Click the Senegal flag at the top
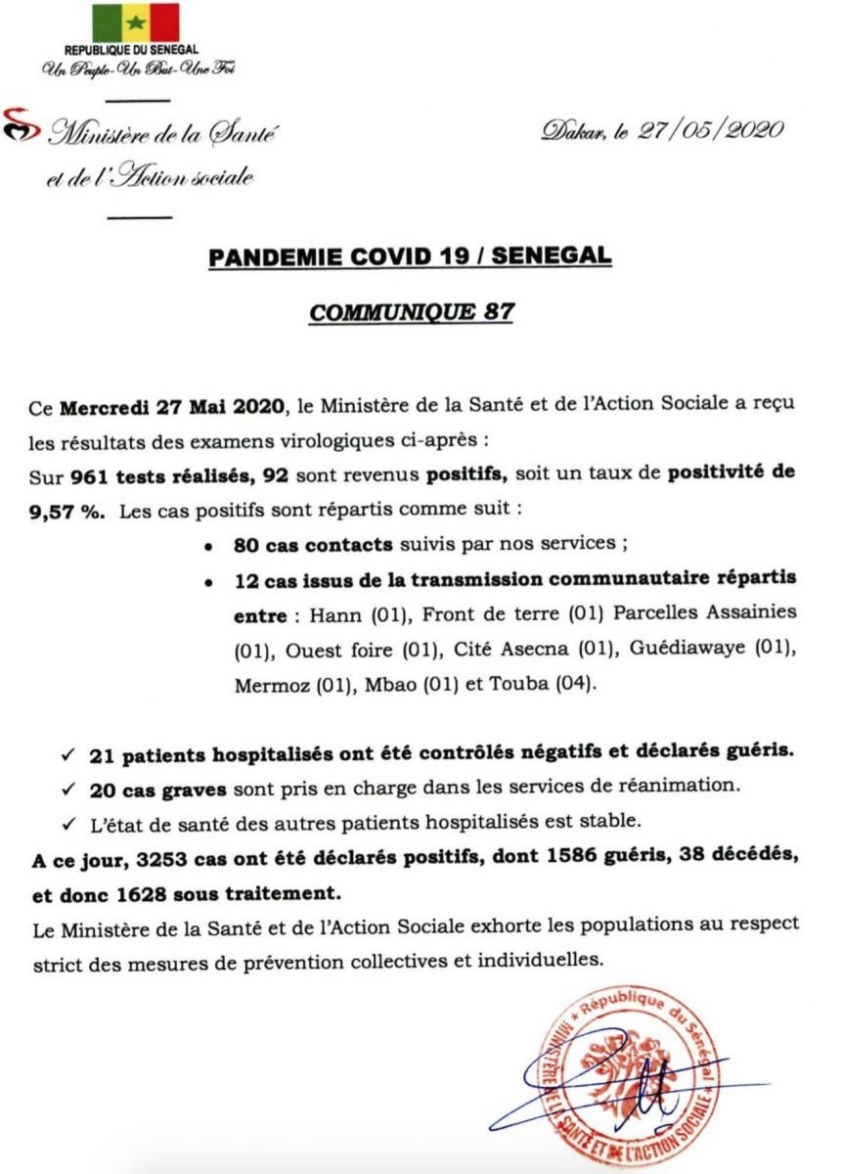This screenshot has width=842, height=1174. click(136, 23)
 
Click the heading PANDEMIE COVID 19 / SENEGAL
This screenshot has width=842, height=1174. click(410, 256)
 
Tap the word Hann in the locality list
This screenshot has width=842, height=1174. click(329, 614)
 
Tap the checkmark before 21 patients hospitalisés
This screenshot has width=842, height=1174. click(66, 756)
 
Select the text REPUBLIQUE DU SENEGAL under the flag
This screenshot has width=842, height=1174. click(131, 50)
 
